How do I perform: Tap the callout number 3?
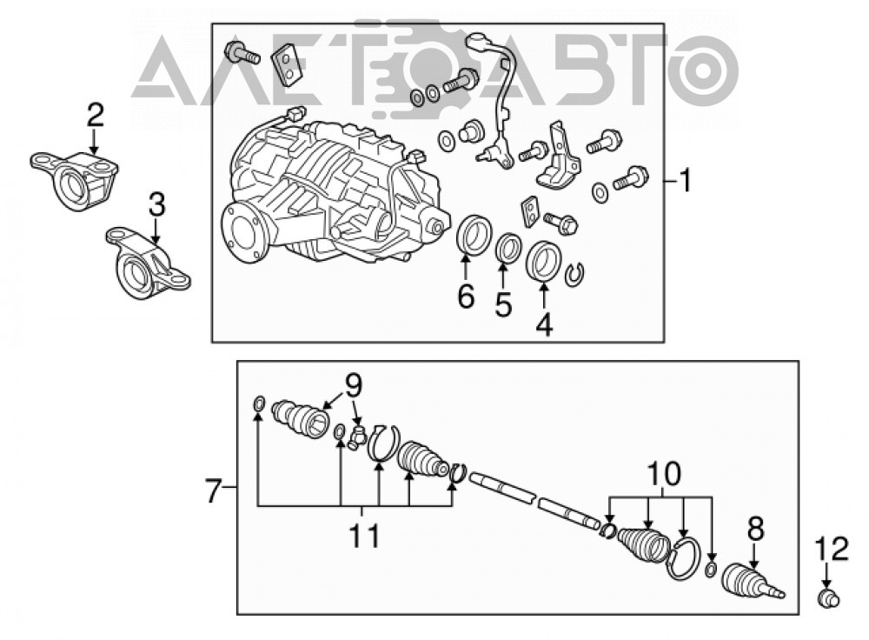point(156,204)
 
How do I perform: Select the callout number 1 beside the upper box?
point(687,181)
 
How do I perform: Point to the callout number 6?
point(466,297)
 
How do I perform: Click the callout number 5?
point(503,305)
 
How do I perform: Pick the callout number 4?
point(544,323)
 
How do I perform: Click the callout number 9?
point(354,385)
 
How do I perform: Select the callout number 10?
point(663,475)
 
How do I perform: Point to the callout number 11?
point(365,536)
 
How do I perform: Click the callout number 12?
point(832,549)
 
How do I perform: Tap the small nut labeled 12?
point(828,599)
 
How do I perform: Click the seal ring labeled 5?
point(507,247)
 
